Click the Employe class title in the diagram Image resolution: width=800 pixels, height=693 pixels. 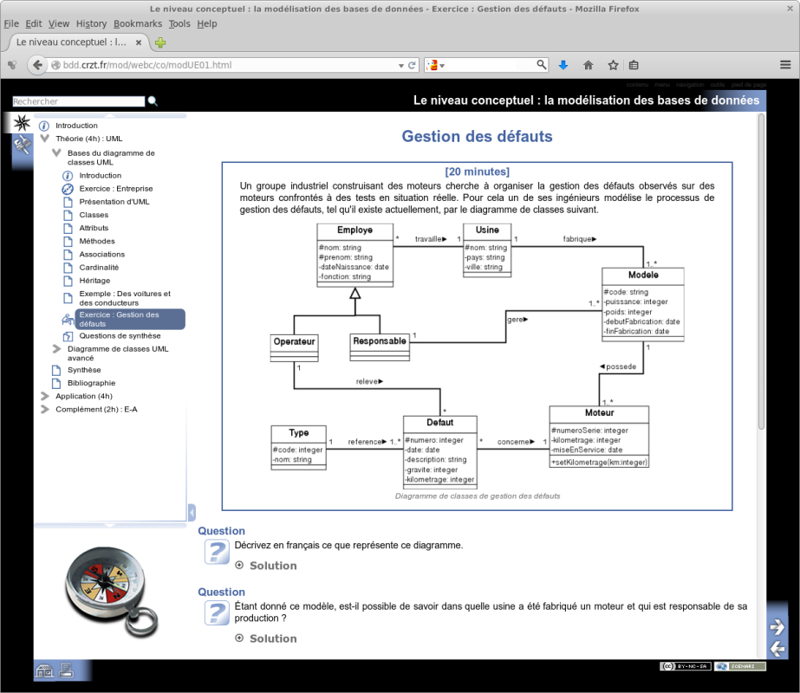point(354,230)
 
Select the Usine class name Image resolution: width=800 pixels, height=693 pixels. point(486,230)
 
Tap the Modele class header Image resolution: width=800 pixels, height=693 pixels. point(643,275)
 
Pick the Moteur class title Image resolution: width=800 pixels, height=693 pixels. point(599,412)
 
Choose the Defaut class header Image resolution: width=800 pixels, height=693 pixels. point(439,423)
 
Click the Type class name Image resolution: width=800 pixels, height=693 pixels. point(298,432)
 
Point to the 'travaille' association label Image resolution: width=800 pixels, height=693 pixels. point(431,238)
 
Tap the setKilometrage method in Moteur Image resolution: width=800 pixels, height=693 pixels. point(599,462)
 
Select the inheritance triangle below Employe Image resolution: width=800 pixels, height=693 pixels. point(354,294)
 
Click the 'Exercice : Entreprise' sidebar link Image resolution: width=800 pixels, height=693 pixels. point(115,189)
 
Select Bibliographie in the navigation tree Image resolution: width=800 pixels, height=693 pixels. point(91,383)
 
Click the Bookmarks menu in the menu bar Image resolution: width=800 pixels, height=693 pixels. point(137,23)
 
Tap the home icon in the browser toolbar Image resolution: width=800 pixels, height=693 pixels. point(588,65)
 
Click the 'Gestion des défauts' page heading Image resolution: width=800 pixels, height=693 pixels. point(477,136)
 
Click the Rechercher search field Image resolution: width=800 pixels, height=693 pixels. point(79,102)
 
